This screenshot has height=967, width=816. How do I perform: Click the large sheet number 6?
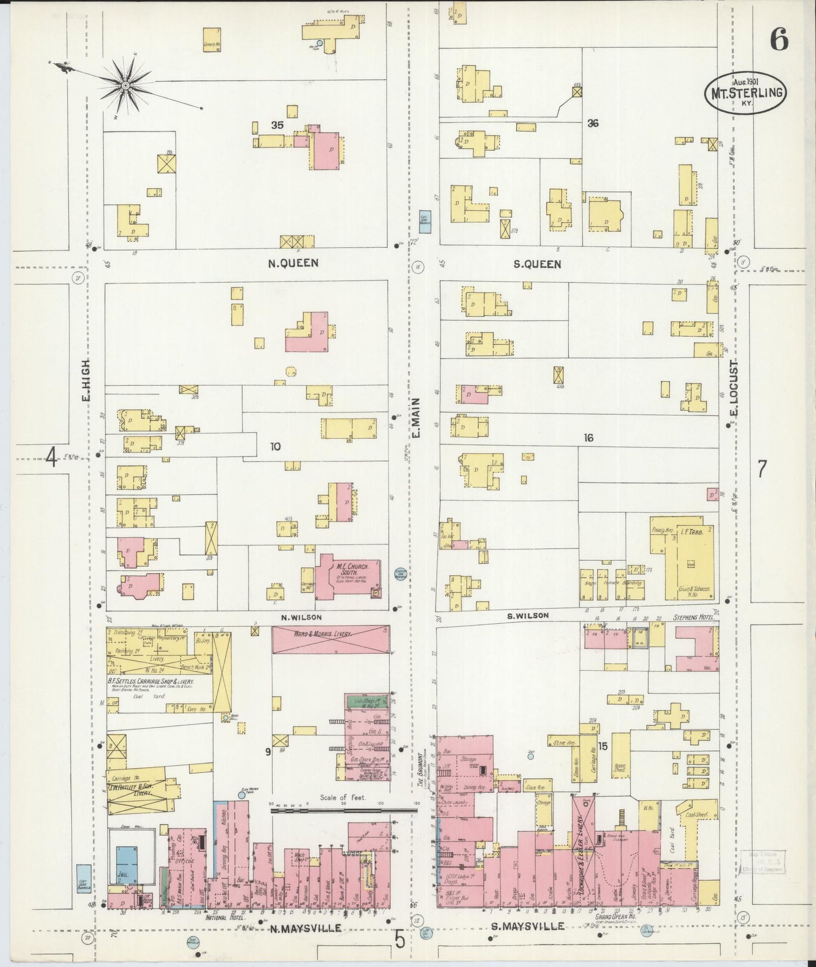pos(779,39)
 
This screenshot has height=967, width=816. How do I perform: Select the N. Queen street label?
pos(294,263)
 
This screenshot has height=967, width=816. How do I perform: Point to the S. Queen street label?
pos(537,264)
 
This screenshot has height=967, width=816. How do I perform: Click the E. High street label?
pos(86,381)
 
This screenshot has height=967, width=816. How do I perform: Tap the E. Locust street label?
pos(734,388)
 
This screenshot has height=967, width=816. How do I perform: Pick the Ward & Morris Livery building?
pos(330,639)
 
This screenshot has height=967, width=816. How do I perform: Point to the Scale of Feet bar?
pos(343,810)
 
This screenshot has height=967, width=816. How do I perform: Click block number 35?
pos(277,125)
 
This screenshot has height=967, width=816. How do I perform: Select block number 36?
pos(592,123)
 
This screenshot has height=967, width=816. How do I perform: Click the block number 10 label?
pos(275,446)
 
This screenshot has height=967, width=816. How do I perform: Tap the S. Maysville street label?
pos(526,926)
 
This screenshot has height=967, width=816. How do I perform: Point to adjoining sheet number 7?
pos(762,469)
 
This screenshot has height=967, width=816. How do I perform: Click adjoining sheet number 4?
pos(51,458)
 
